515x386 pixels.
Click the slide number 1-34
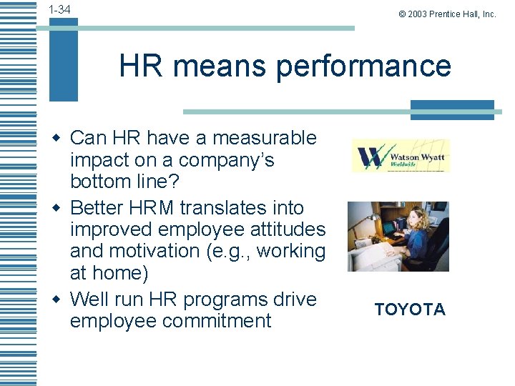(59, 9)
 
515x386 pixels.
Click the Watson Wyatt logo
(401, 155)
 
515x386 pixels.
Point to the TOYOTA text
(410, 310)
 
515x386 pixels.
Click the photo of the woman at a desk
(398, 236)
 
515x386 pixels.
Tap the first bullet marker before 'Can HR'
(62, 137)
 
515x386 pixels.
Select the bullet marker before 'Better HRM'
(62, 208)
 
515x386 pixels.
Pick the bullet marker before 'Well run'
(62, 298)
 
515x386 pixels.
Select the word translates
(232, 208)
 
